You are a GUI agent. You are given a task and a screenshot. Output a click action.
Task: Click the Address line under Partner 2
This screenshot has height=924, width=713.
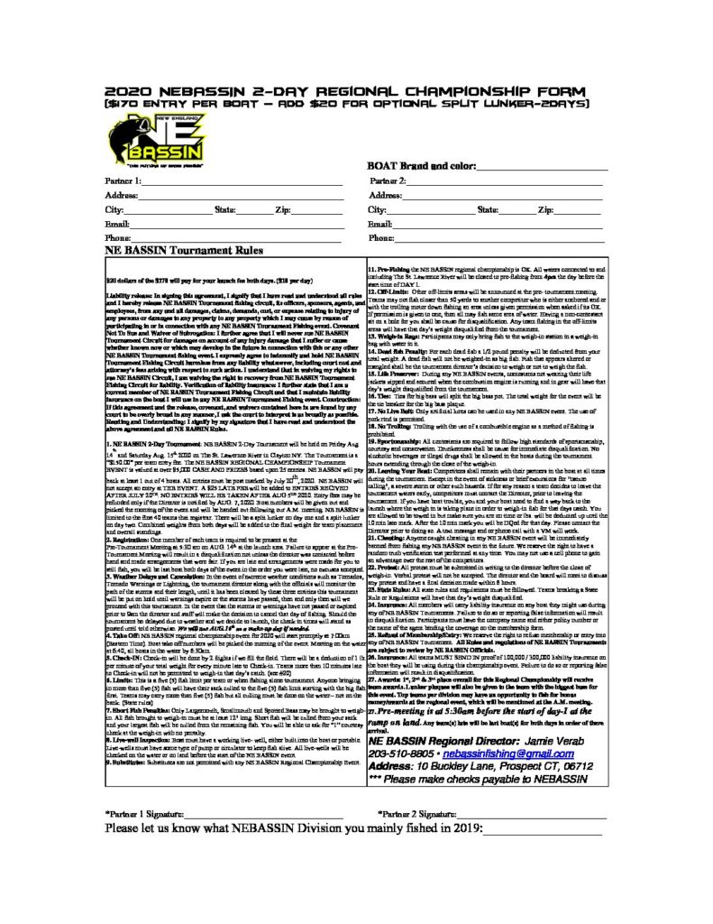click(x=505, y=196)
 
